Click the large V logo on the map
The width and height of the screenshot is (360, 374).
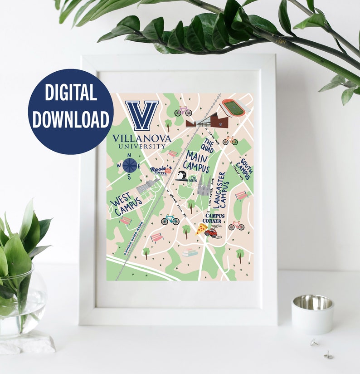[142, 115]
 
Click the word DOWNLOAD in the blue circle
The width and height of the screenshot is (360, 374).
[71, 119]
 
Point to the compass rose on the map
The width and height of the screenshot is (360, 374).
[130, 165]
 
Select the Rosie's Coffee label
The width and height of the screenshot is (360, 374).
[161, 170]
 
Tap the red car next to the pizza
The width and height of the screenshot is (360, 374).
[211, 232]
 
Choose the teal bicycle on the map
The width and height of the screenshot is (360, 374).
[170, 220]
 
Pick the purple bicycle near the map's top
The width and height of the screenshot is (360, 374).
[183, 111]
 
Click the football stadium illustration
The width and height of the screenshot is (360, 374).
[234, 108]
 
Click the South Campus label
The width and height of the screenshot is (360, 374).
[244, 170]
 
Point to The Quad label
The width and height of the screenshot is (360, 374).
[209, 146]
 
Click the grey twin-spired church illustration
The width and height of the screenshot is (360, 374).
[204, 187]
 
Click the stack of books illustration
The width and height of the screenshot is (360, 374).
[190, 252]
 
